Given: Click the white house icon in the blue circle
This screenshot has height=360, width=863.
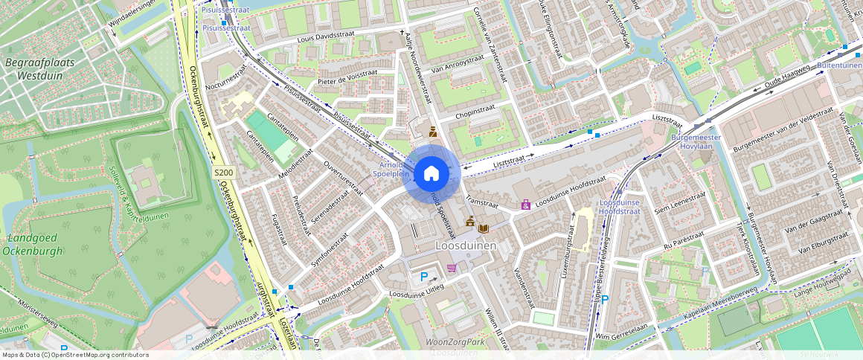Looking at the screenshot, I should click(431, 174).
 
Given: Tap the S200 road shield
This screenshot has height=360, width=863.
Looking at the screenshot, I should click(223, 173).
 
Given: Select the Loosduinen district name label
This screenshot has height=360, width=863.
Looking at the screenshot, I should click(466, 245).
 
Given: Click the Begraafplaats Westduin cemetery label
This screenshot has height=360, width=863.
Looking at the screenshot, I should click(40, 69).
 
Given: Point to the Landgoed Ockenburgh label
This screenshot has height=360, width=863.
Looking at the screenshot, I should click(35, 245).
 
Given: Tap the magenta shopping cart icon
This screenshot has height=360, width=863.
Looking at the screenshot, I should click(452, 268).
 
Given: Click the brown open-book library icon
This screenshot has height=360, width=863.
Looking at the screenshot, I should click(484, 228).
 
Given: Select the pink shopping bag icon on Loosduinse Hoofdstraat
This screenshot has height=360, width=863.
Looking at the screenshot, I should click(526, 204).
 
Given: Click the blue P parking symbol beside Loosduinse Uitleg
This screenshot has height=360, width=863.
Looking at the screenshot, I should click(424, 277).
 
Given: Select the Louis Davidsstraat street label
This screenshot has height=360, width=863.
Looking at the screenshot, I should click(325, 36).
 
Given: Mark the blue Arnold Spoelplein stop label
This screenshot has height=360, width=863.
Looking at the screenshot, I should click(391, 169).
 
